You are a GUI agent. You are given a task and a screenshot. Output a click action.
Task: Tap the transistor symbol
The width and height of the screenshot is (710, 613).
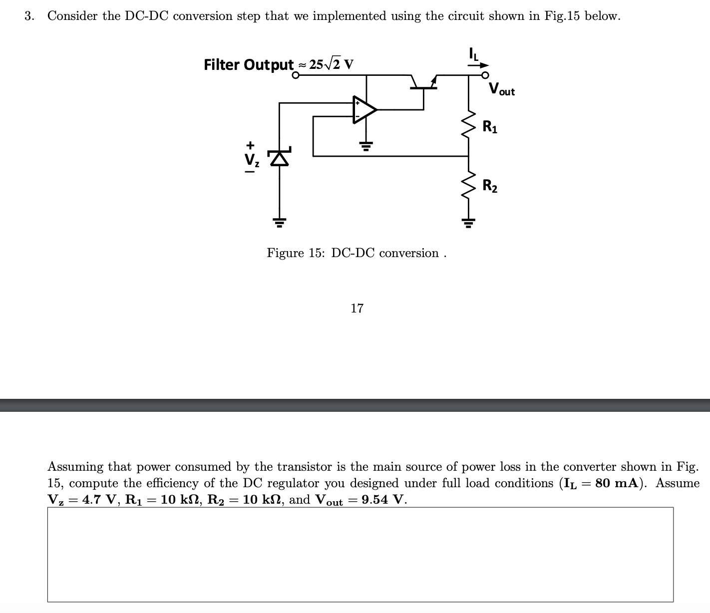[x=423, y=84]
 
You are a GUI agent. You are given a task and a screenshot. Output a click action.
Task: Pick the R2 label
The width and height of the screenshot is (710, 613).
[x=490, y=186]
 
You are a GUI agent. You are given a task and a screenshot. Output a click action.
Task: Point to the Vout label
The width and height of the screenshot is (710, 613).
[x=501, y=90]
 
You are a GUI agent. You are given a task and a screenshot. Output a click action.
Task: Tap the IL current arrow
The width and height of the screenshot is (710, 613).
[x=480, y=64]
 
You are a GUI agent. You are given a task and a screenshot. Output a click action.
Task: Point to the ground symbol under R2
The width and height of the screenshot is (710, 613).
[x=468, y=222]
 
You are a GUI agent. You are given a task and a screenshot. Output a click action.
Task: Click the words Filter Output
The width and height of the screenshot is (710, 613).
[x=248, y=64]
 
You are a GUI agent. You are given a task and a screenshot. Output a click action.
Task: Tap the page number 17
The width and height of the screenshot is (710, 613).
[x=357, y=308]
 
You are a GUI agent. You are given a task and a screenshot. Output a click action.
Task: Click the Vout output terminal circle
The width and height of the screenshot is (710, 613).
[x=485, y=75]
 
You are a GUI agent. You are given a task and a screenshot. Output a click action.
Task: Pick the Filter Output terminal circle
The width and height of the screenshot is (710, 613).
[x=296, y=75]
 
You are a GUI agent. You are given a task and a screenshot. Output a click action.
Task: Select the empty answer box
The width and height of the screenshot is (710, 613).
[x=360, y=554]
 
